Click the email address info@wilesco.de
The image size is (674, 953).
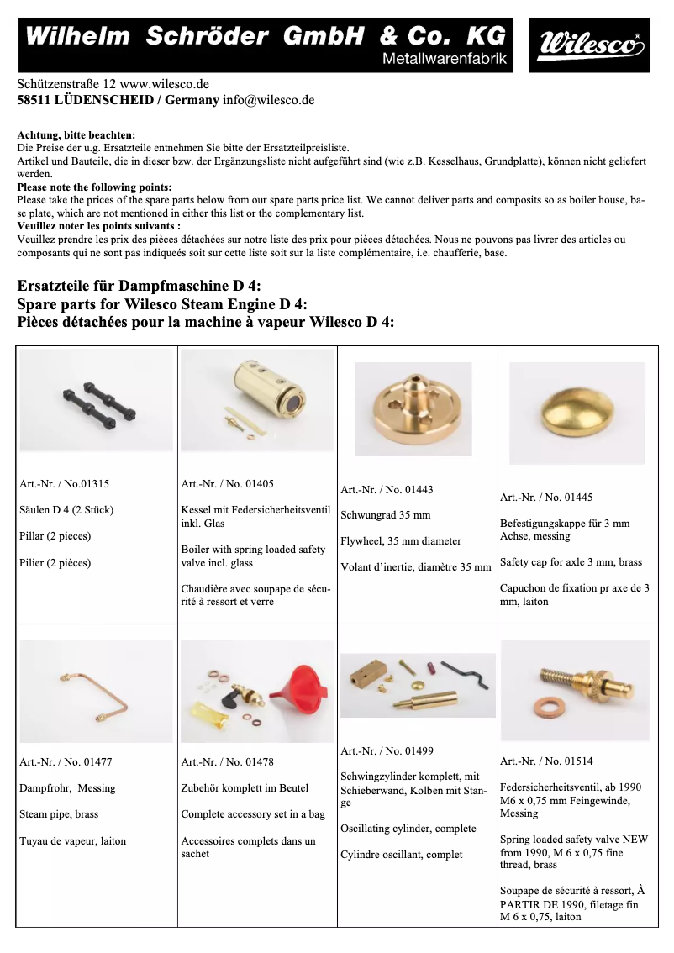(268, 99)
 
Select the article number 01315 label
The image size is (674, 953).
(64, 484)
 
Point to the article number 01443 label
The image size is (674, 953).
(387, 489)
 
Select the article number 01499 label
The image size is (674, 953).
(387, 751)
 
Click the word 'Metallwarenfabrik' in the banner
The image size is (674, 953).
(443, 59)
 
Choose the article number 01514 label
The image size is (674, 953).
(546, 761)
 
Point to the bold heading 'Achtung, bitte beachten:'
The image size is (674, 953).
(76, 134)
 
